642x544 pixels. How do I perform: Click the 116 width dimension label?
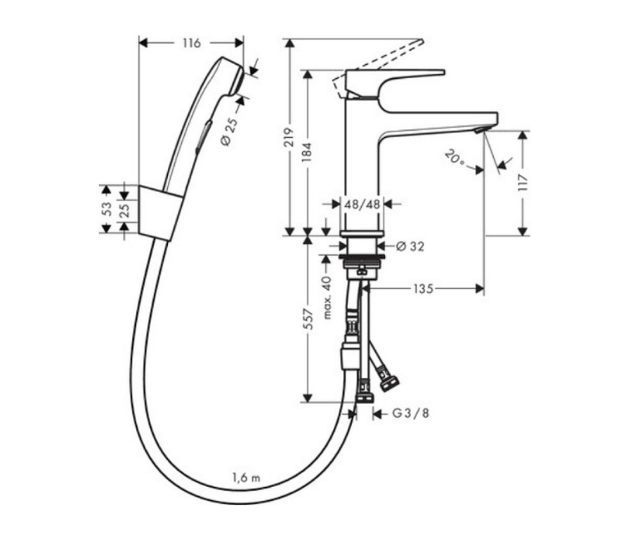click(x=191, y=43)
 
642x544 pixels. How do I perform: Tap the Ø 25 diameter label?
click(x=230, y=130)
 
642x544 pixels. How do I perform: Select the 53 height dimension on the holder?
click(x=106, y=209)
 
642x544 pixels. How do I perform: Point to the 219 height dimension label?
click(x=289, y=137)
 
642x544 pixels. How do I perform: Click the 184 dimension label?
click(x=307, y=152)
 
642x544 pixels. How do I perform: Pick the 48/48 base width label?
click(x=362, y=203)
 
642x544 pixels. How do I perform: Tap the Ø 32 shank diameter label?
click(x=410, y=246)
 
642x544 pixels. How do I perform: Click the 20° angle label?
click(x=455, y=158)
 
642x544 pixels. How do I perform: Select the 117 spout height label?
click(x=523, y=183)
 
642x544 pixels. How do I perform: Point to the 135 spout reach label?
click(x=423, y=289)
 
